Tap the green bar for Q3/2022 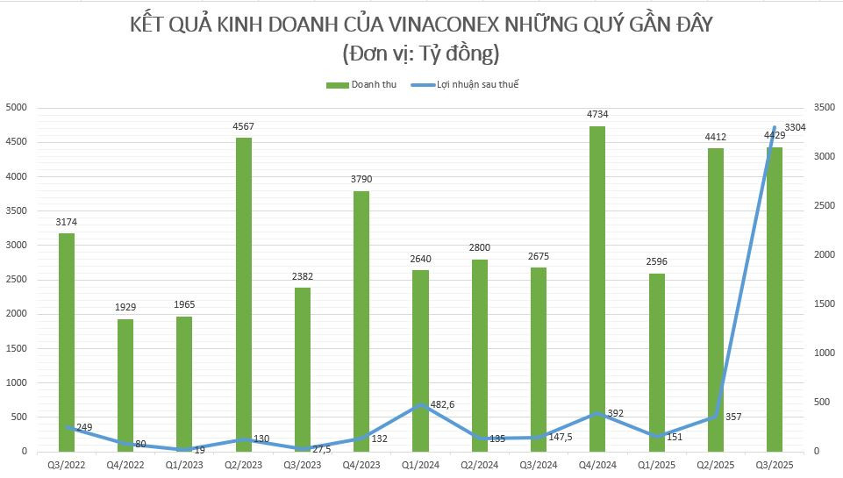tap(67, 342)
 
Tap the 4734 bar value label tap(597, 114)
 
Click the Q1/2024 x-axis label tap(420, 464)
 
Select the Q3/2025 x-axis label tap(775, 464)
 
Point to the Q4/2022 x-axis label tap(125, 464)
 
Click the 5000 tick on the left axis tap(18, 108)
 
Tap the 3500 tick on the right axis tap(825, 108)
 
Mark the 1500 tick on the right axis tap(825, 303)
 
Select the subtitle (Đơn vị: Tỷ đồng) tap(421, 54)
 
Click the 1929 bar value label tap(125, 307)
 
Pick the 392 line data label tap(615, 413)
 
